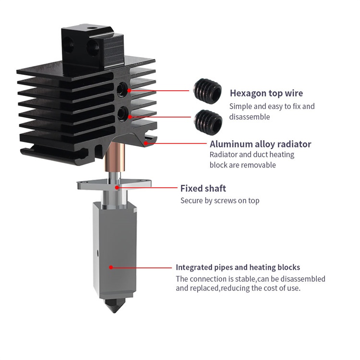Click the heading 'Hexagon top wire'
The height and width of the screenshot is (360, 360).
266,93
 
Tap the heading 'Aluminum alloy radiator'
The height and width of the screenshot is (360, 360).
260,144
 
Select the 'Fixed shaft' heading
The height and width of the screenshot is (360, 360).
203,188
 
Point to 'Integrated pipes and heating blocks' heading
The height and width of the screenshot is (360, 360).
238,267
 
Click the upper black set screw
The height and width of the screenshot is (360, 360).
207,89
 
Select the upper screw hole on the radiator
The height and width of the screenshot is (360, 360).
124,89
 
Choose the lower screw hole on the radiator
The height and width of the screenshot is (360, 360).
124,114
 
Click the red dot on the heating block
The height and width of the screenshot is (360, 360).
111,267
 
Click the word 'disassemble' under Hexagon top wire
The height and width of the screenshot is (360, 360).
250,117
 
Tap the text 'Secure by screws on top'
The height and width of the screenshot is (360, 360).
219,200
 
